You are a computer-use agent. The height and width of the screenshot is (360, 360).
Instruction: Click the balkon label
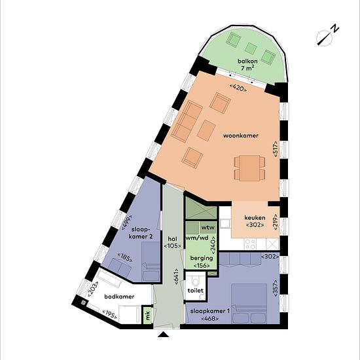(247, 62)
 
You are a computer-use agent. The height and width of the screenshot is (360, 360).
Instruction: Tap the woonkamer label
(241, 135)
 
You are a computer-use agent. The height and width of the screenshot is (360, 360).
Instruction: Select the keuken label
(255, 218)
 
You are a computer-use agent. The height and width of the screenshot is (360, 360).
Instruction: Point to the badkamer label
(119, 297)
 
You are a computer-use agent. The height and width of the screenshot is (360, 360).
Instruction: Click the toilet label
(196, 291)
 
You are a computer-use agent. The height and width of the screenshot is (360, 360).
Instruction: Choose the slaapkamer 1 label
(210, 311)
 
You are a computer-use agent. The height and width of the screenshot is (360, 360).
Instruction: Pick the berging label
(202, 258)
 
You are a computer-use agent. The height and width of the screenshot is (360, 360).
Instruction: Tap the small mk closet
(148, 315)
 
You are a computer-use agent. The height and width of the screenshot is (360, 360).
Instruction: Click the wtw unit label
(208, 227)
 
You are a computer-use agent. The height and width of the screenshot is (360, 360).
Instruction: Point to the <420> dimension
(238, 88)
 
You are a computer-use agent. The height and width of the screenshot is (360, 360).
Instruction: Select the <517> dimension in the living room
(276, 149)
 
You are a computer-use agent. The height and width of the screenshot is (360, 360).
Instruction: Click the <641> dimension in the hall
(176, 277)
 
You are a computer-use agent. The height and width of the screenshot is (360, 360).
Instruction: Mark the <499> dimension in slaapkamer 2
(127, 223)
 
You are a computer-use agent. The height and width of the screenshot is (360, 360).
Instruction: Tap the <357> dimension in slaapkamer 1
(276, 288)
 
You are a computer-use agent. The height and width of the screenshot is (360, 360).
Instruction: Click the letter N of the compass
(335, 29)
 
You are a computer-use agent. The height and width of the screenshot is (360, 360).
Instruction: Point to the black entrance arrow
(164, 334)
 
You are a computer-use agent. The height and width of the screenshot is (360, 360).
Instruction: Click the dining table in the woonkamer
(249, 168)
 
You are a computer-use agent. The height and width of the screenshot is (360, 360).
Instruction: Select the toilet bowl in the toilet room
(196, 280)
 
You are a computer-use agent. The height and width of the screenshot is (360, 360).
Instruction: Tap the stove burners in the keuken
(250, 244)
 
